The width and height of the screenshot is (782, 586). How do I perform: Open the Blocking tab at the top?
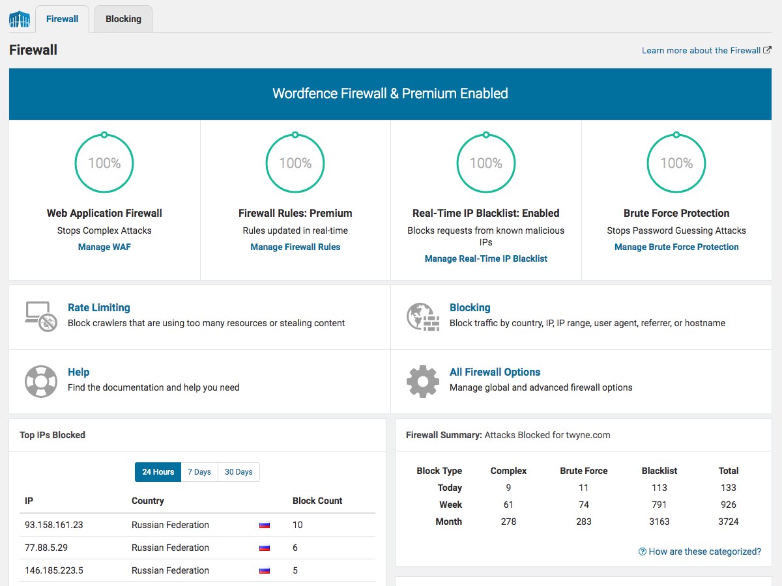point(123,19)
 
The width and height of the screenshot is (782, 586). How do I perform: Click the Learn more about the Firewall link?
point(701,50)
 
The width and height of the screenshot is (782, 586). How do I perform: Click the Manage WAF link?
point(104,247)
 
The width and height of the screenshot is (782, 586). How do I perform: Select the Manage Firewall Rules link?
point(295,247)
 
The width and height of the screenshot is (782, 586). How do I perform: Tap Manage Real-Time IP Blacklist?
point(486,258)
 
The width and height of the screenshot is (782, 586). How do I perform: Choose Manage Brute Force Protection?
point(676,247)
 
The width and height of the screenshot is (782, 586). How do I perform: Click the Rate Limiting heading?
point(99,307)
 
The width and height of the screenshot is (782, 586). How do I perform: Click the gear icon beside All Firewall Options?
point(422,381)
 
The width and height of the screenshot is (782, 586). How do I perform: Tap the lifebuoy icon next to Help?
point(40,381)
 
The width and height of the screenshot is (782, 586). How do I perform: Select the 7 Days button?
point(199,472)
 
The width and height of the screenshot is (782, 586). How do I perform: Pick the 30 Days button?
point(239,472)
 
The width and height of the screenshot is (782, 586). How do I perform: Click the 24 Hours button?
point(158,472)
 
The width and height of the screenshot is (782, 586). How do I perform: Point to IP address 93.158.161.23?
point(54,525)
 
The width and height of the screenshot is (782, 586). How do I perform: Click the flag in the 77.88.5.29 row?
point(265,548)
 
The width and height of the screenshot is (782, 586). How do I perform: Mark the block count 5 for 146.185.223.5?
point(295,570)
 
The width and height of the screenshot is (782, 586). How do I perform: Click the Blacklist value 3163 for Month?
point(659,522)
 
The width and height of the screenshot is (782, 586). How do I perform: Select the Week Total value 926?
point(728,505)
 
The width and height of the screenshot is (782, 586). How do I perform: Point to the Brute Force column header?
point(583,471)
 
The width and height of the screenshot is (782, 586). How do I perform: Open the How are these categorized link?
point(700,551)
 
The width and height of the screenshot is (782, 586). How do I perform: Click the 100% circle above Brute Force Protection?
point(676,163)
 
